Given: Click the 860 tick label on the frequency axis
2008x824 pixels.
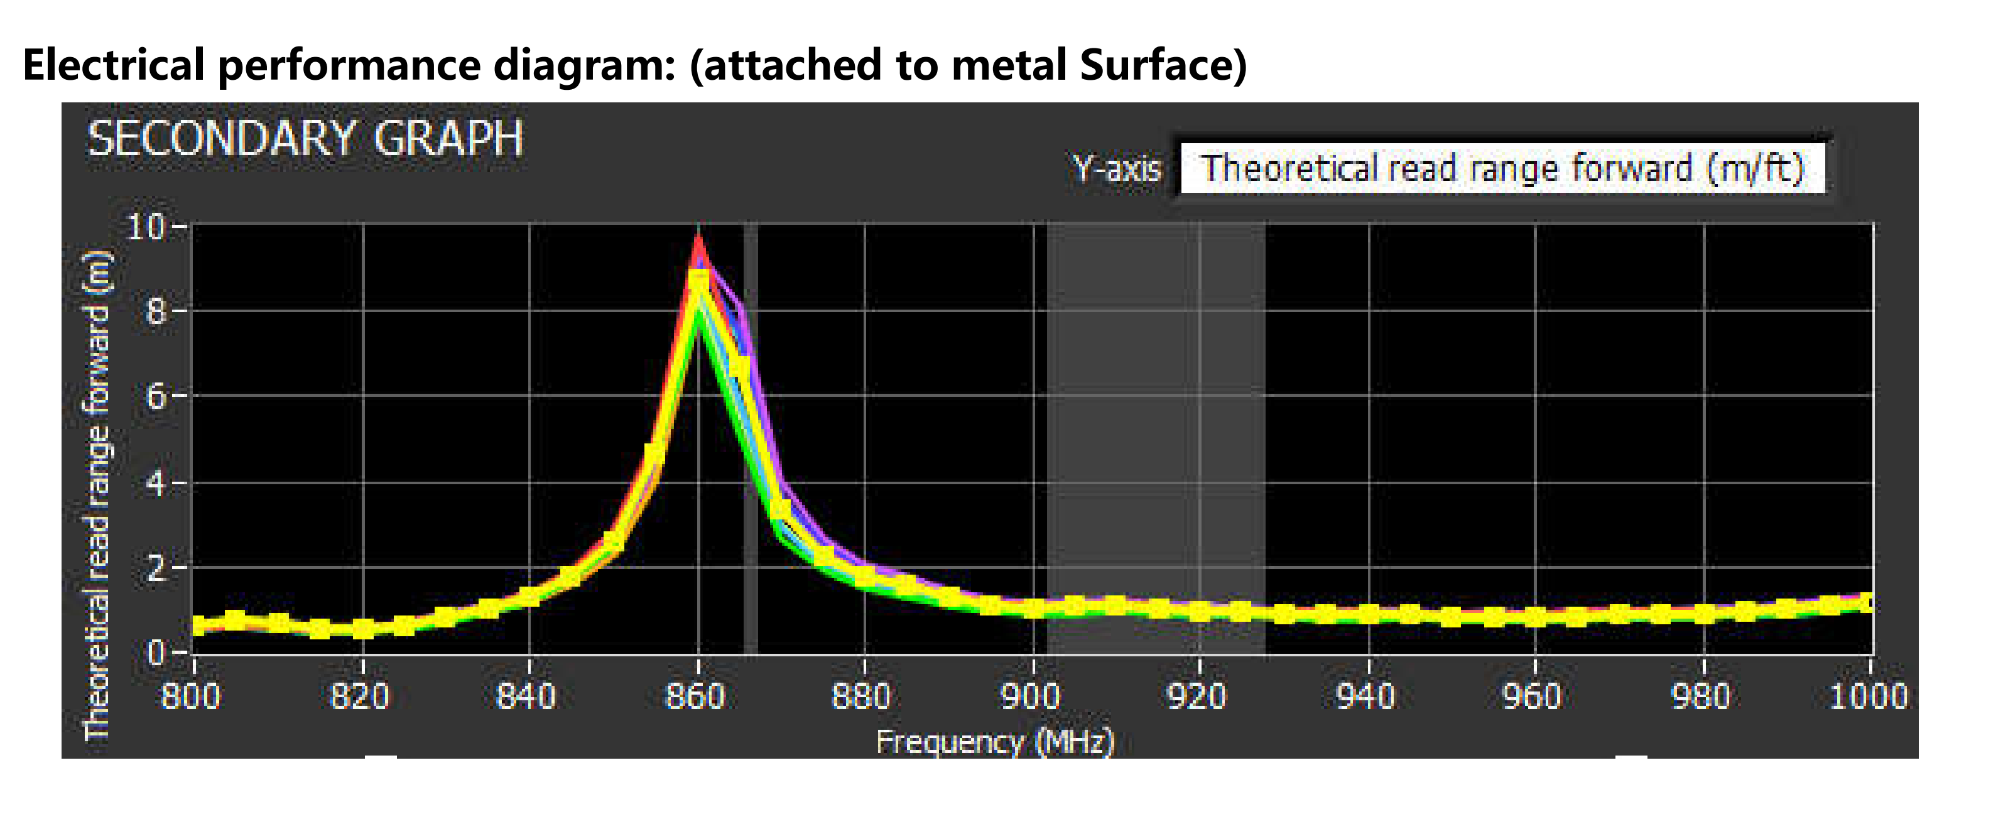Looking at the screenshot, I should click(x=695, y=696).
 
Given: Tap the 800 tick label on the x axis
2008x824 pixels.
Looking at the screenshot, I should click(x=191, y=696).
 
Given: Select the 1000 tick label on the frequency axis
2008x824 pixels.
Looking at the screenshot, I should click(x=1869, y=696).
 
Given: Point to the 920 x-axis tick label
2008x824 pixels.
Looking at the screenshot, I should click(x=1197, y=696).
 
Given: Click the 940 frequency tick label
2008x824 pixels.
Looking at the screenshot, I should click(x=1365, y=696).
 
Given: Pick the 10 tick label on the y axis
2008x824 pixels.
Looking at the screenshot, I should click(x=146, y=227).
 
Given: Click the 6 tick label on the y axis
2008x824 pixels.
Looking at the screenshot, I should click(x=156, y=397).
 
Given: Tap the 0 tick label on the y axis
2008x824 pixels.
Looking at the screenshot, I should click(x=156, y=652).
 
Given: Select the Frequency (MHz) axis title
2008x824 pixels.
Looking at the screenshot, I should click(x=996, y=741).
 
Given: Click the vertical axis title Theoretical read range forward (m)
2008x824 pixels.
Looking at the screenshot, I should click(x=97, y=495).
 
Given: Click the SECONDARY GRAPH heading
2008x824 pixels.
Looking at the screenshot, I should click(x=305, y=139).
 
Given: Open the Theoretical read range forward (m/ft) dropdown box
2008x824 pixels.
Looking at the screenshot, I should click(x=1502, y=168).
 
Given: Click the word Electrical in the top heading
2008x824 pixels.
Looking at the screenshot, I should click(x=114, y=64).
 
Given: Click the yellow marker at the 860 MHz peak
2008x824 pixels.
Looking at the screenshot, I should click(x=698, y=281).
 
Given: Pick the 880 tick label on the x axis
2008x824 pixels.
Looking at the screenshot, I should click(x=861, y=696).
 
